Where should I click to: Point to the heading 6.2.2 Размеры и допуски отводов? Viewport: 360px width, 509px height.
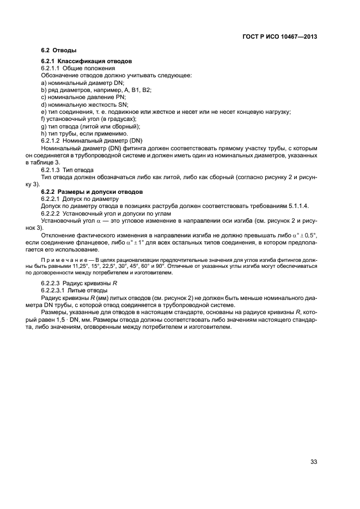pos(92,192)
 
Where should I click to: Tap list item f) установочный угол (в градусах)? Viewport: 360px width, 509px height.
pos(89,119)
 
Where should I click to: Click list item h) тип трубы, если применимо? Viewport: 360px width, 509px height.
pos(84,133)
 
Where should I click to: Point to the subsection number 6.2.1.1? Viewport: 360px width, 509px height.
pos(51,69)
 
